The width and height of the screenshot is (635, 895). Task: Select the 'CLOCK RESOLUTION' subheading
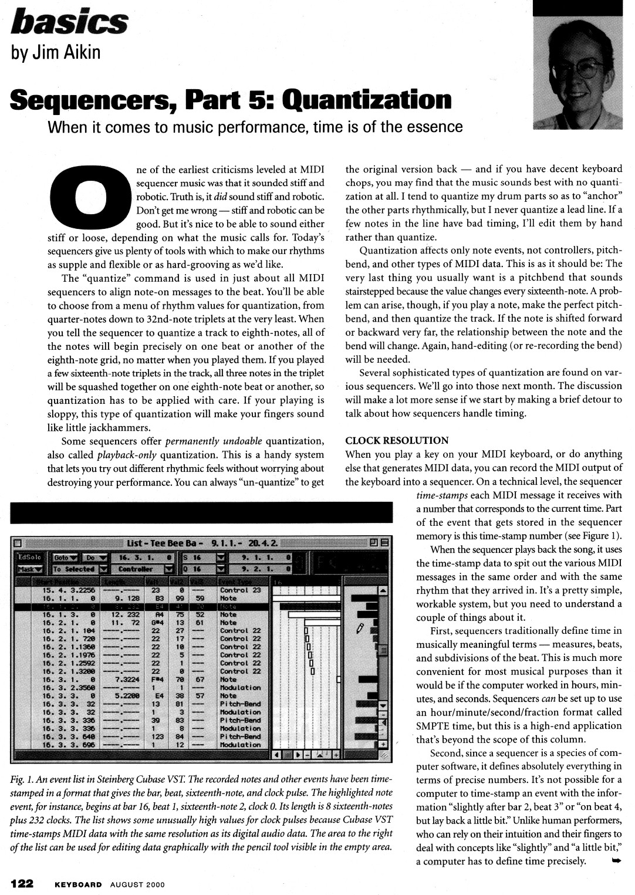397,440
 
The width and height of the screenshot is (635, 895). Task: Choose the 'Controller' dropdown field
144,569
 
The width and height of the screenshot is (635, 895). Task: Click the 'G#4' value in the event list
156,623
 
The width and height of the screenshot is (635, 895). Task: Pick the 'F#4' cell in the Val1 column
156,680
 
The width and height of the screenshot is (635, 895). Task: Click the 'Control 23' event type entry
240,590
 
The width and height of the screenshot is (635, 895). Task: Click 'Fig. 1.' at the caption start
22,779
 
